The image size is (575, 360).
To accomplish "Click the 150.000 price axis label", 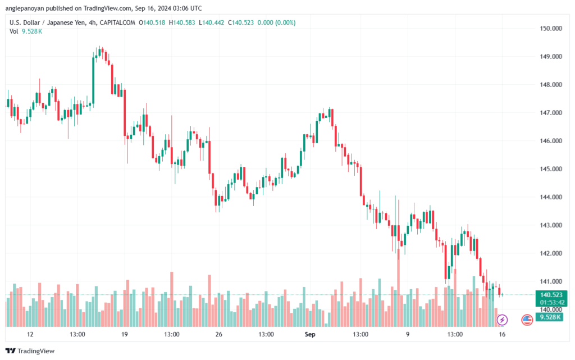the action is [x=551, y=29].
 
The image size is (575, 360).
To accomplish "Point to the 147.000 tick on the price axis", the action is [x=551, y=113].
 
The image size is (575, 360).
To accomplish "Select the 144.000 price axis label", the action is [x=551, y=197].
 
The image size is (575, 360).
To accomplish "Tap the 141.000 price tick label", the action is [x=551, y=281].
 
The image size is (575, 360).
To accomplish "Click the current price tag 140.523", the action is [x=551, y=295].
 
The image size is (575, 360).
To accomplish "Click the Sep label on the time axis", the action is [x=310, y=334].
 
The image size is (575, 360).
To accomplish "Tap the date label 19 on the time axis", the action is [x=125, y=334].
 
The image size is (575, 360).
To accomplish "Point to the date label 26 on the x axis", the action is [x=219, y=334].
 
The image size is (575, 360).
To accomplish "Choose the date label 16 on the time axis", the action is [x=502, y=334].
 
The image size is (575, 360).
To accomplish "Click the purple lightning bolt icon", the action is [x=502, y=320].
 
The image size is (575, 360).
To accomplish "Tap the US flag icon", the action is [x=527, y=320].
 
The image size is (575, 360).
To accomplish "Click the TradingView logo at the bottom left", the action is [x=30, y=351].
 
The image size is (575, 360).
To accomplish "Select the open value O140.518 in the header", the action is [x=152, y=22].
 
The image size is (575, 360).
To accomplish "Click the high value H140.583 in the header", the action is [x=182, y=22].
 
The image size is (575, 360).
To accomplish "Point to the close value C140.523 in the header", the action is [x=241, y=22].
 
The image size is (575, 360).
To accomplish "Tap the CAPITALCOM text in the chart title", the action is [x=117, y=22].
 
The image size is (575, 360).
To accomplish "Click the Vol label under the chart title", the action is [x=14, y=31].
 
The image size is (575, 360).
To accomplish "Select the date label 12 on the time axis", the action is [x=30, y=334].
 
